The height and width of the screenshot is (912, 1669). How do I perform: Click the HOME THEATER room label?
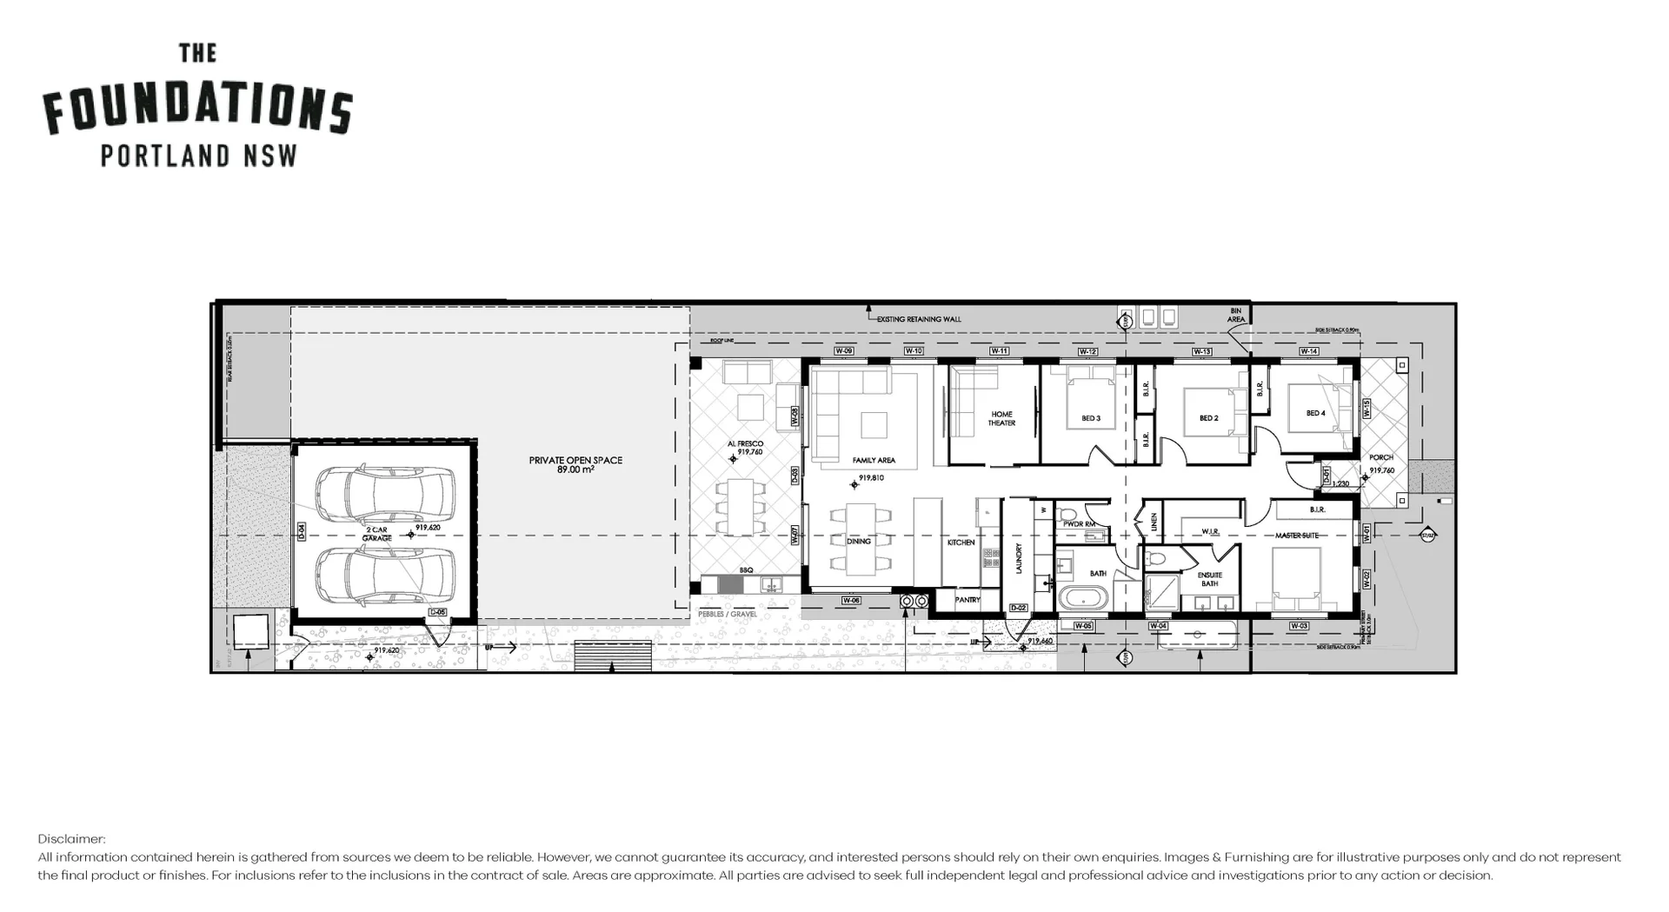tap(1001, 418)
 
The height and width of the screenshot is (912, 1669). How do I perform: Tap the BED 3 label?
tap(1091, 418)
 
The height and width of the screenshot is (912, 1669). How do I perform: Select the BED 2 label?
tap(1208, 418)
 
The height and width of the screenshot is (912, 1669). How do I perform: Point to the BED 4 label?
tap(1315, 413)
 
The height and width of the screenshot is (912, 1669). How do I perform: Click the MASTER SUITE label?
tap(1297, 536)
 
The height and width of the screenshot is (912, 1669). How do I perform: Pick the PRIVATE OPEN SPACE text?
tap(575, 464)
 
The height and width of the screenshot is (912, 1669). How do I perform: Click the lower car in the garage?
tap(384, 574)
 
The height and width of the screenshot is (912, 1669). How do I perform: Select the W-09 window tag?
tap(843, 351)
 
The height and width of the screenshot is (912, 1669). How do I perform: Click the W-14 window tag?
tap(1308, 351)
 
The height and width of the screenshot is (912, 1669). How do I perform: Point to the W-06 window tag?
tap(851, 601)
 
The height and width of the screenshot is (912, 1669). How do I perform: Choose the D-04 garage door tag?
tap(301, 532)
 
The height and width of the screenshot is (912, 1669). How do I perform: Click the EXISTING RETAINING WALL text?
tap(919, 319)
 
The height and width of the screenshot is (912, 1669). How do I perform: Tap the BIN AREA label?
tap(1235, 315)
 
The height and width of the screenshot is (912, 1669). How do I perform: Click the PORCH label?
tap(1380, 457)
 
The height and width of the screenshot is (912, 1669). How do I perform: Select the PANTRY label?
tap(967, 600)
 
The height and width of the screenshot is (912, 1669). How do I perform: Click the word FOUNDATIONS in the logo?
tap(198, 109)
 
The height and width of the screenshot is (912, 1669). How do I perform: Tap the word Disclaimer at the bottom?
tap(71, 839)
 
